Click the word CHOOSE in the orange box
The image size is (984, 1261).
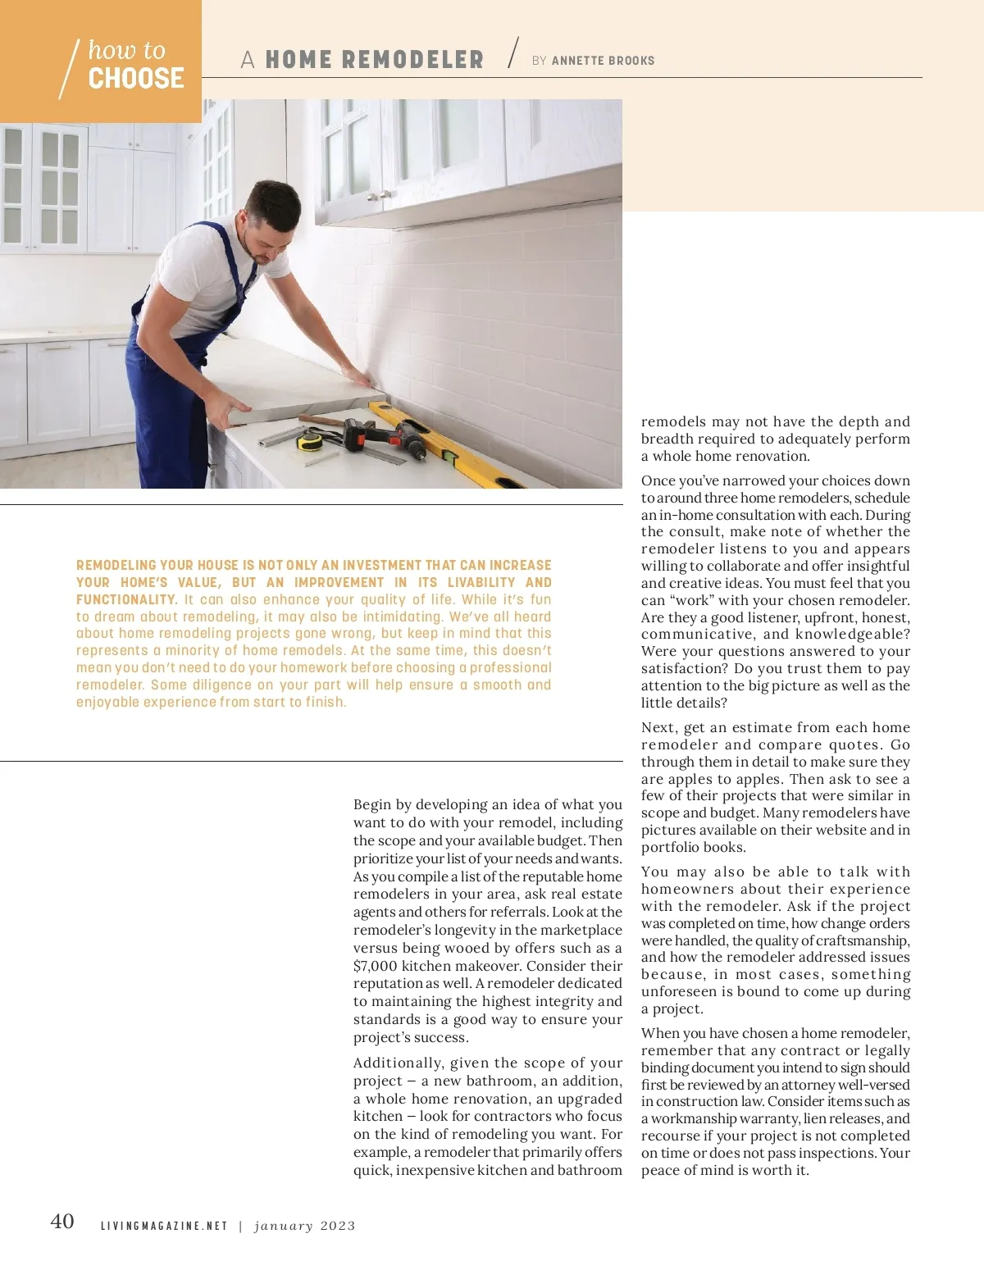136,79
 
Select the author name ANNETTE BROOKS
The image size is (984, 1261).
603,61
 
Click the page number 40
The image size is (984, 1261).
62,1222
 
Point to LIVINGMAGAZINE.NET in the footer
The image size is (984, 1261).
164,1226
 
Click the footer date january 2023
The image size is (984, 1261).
305,1226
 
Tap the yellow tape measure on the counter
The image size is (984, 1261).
310,442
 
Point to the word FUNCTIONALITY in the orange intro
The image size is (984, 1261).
126,599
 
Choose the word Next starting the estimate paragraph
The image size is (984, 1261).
658,727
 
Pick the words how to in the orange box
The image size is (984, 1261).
127,51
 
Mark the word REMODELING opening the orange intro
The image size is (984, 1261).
116,565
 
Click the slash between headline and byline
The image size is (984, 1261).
513,53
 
